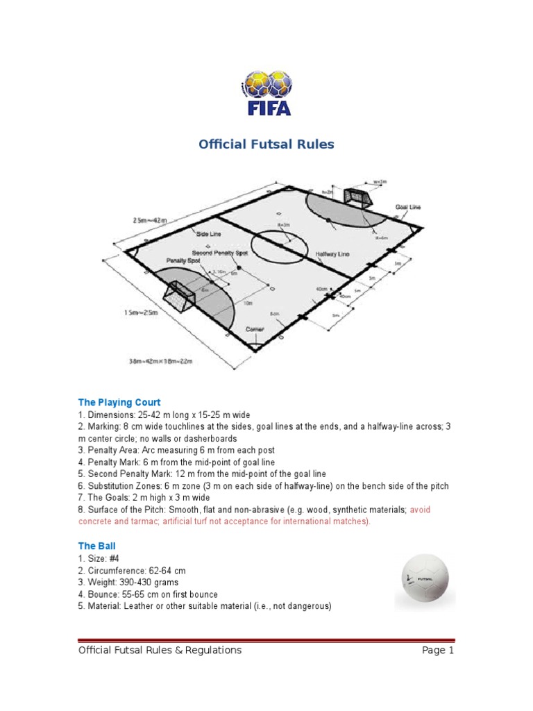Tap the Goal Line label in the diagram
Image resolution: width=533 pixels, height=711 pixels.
[408, 207]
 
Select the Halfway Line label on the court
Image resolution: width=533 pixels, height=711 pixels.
[333, 254]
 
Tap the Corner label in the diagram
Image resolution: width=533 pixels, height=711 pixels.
[255, 328]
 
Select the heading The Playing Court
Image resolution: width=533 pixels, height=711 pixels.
[119, 402]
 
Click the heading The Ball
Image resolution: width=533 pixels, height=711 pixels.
[97, 546]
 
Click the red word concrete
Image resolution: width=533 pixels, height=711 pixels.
[99, 521]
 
